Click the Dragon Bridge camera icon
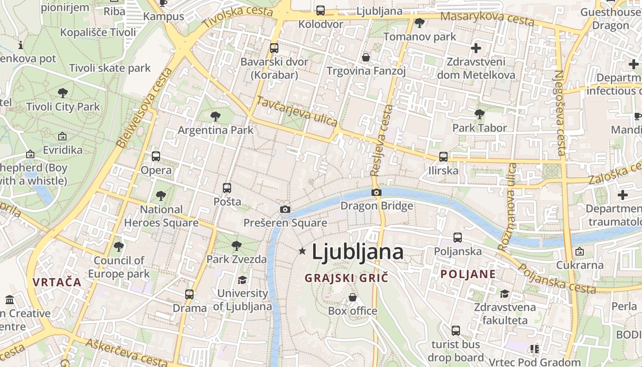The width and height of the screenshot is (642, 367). click(x=376, y=192)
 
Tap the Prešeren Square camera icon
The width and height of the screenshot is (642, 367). click(x=285, y=210)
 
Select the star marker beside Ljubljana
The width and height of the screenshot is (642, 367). click(x=302, y=251)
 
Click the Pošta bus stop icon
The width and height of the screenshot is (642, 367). click(x=227, y=188)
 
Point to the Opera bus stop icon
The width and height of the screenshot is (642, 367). click(x=156, y=156)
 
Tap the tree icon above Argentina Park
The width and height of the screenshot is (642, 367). click(x=215, y=117)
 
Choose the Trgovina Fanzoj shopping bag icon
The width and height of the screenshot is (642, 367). click(x=366, y=57)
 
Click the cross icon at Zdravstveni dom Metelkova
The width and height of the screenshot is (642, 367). click(x=476, y=48)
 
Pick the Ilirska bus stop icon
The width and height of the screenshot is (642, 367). click(x=443, y=157)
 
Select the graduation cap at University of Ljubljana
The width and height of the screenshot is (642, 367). click(x=242, y=280)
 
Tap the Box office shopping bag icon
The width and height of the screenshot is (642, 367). click(x=353, y=297)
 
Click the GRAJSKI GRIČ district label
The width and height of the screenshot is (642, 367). click(x=346, y=278)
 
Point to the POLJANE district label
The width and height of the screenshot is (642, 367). click(x=468, y=274)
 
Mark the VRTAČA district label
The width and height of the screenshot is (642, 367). click(x=57, y=282)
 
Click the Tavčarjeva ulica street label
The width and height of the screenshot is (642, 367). click(x=297, y=111)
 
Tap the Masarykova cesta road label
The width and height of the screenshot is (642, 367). click(x=487, y=19)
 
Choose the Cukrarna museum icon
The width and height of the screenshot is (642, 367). click(x=580, y=251)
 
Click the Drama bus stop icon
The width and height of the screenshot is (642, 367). click(x=189, y=295)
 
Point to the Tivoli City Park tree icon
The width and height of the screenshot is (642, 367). click(x=63, y=93)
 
